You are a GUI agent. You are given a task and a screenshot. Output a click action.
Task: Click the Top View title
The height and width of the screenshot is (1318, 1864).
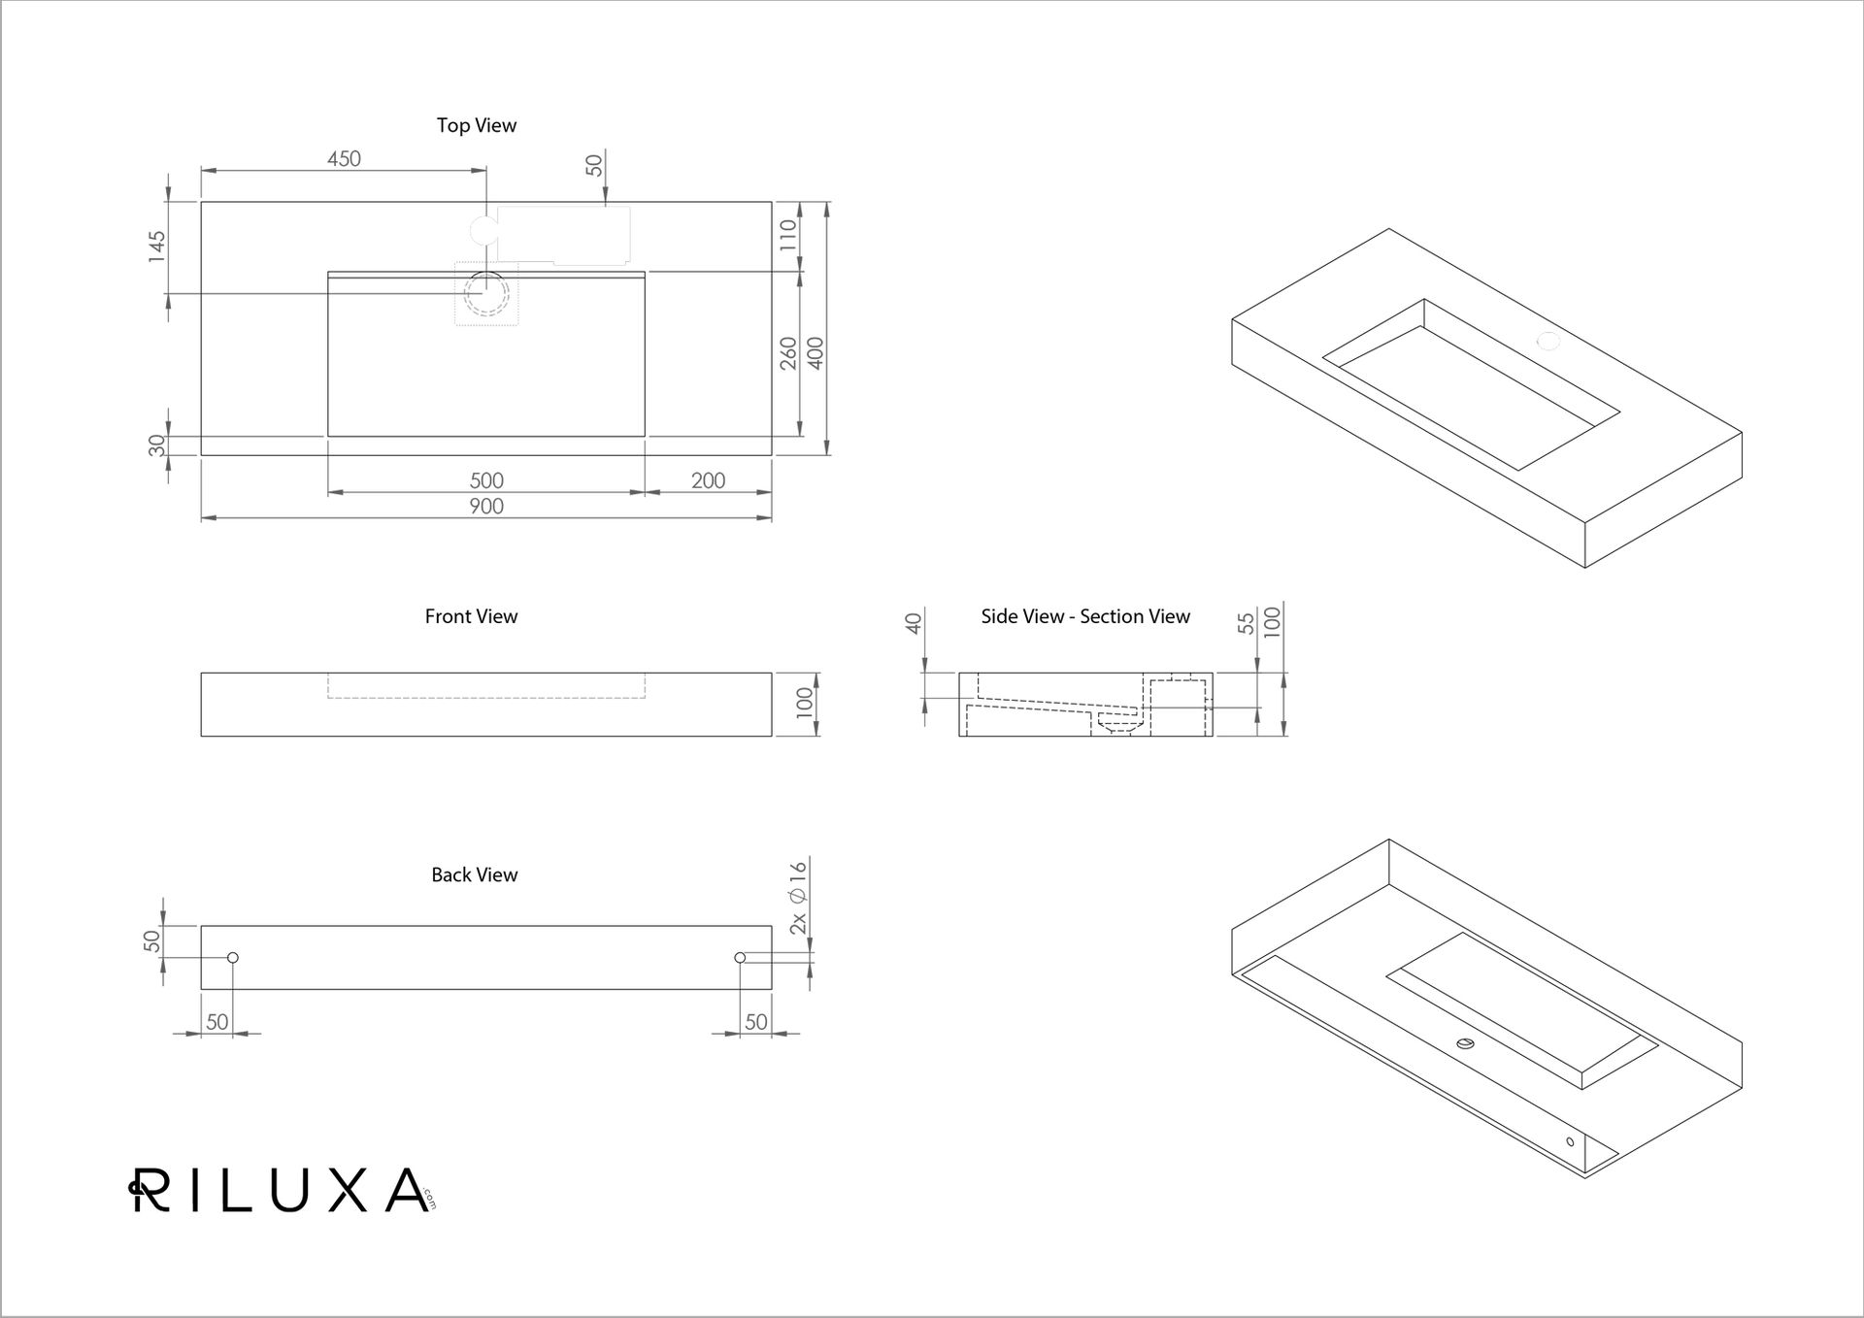click(476, 125)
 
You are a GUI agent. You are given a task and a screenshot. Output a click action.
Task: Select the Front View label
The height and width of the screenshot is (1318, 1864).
click(471, 616)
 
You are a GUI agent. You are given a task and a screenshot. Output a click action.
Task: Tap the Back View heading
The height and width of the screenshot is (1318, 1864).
click(474, 874)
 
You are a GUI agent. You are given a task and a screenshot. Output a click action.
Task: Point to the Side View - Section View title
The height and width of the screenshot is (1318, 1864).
click(1084, 616)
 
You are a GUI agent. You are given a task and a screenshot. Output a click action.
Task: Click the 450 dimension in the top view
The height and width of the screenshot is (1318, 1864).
click(344, 158)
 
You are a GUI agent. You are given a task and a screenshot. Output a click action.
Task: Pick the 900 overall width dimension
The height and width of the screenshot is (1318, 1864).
click(486, 506)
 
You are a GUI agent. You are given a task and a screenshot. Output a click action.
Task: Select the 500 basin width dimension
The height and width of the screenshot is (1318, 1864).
click(486, 480)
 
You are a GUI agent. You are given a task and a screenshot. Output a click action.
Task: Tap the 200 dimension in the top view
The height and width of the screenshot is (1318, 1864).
click(708, 480)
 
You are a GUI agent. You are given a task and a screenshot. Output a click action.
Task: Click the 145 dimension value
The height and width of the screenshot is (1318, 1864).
click(156, 247)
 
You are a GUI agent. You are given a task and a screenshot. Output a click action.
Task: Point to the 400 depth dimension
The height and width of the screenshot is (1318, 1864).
click(815, 352)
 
